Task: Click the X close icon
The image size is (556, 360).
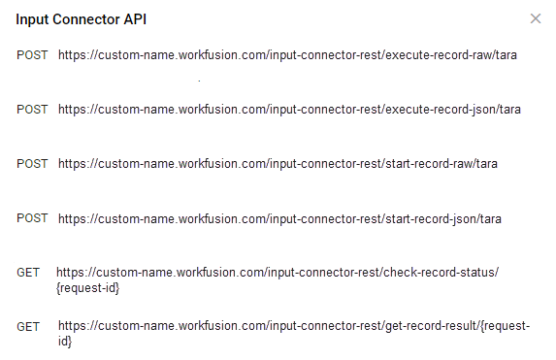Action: tap(536, 18)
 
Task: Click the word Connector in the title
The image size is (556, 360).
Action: tap(86, 19)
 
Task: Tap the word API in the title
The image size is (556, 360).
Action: tap(135, 19)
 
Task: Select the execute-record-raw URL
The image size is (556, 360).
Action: tap(287, 55)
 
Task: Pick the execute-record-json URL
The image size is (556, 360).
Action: tap(289, 110)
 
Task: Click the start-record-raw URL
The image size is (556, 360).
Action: tap(278, 164)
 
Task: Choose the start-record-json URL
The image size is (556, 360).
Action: tap(279, 219)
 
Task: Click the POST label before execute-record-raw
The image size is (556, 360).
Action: tap(32, 55)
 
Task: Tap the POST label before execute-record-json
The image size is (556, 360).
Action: tap(32, 110)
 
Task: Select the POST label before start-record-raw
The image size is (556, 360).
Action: tap(32, 164)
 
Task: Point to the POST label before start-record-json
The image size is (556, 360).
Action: tap(32, 218)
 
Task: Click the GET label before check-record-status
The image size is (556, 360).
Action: tap(28, 273)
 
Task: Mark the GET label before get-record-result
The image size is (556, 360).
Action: tap(28, 327)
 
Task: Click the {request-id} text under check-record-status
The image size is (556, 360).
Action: tap(88, 288)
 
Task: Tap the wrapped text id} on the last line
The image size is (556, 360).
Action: tap(65, 342)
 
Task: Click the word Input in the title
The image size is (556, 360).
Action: tap(32, 19)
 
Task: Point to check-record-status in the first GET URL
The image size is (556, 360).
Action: tap(440, 273)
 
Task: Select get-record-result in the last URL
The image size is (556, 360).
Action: tap(431, 326)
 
